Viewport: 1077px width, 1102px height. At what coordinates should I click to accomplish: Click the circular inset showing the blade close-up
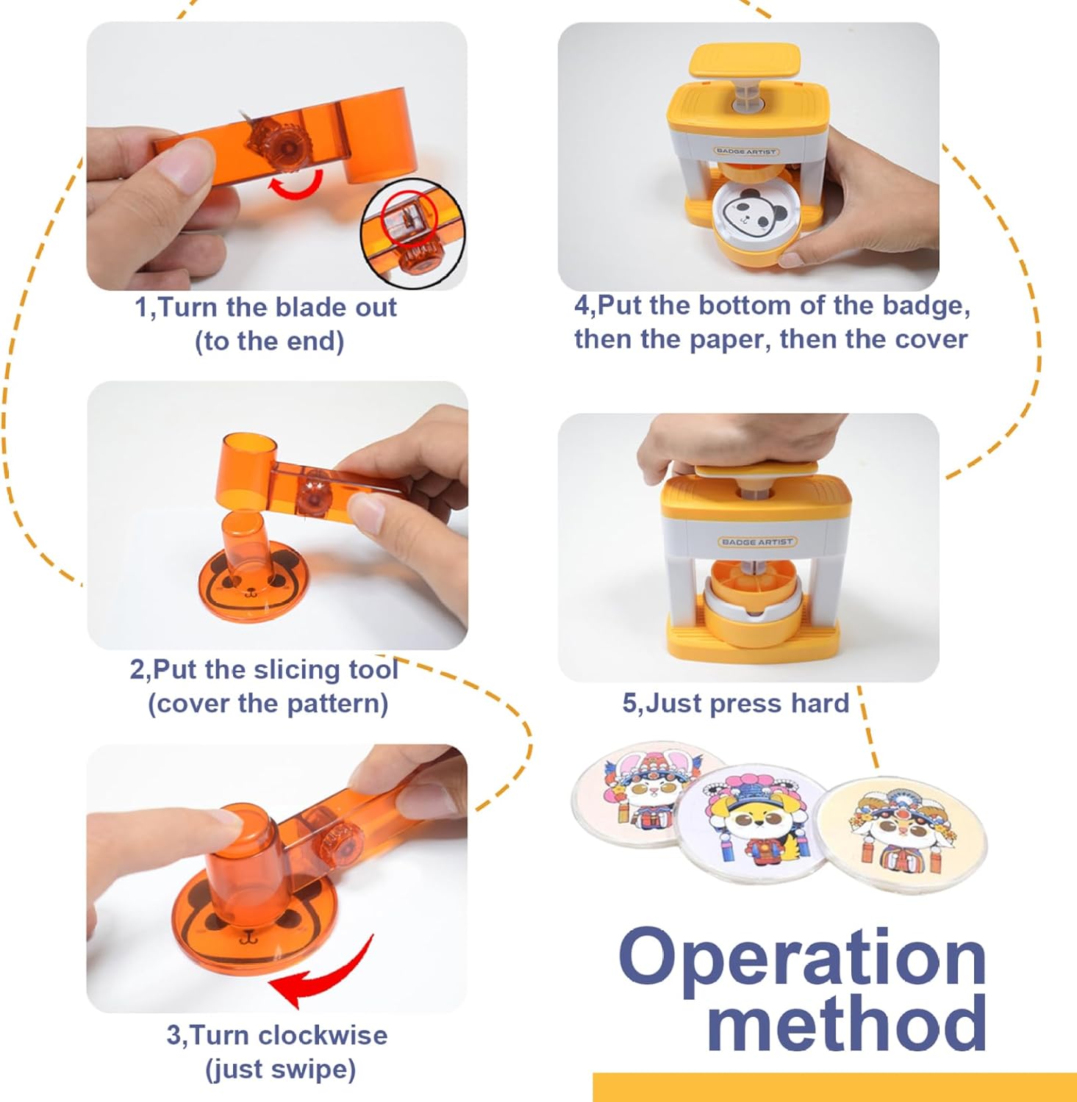(x=412, y=232)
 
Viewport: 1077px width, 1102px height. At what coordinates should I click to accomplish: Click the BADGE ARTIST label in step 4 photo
(x=746, y=151)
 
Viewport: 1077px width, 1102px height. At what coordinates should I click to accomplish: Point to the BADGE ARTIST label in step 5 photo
(x=757, y=541)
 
